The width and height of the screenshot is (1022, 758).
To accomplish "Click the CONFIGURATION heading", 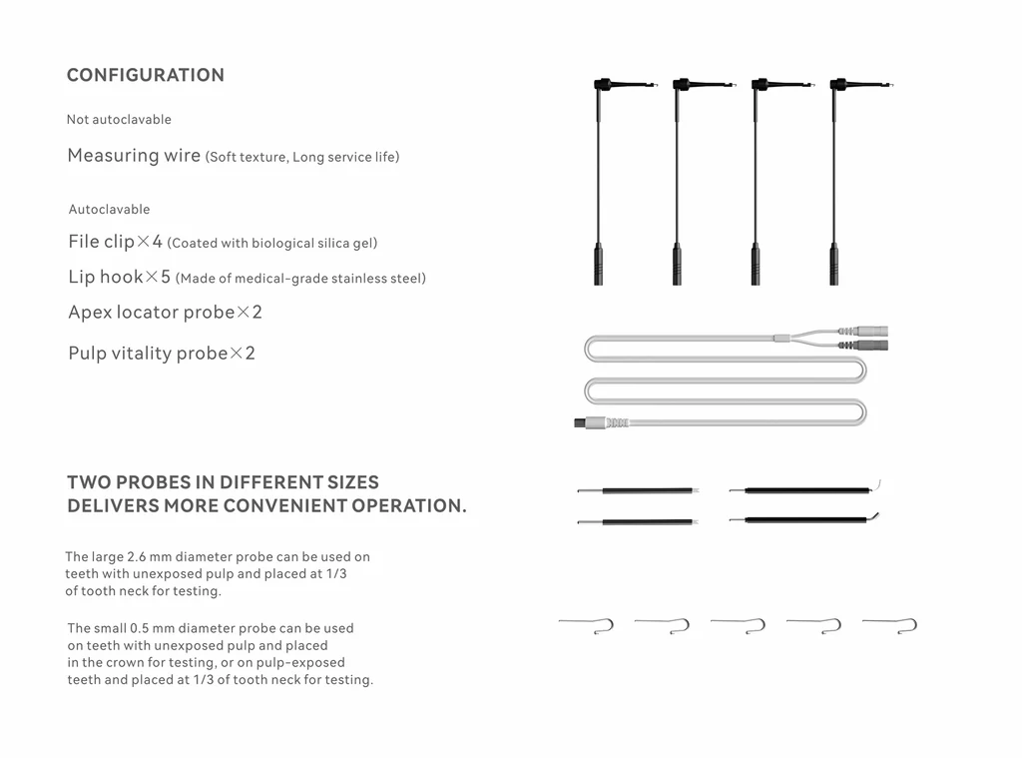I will coord(146,75).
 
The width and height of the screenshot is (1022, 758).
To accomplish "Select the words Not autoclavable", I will coord(119,120).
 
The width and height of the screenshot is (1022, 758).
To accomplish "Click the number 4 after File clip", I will coord(157,242).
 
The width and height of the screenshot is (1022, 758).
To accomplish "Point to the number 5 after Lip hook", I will coord(165,278).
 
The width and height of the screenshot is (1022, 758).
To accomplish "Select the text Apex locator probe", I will coord(151,313).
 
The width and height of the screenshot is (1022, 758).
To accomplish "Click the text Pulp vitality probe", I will coord(148,354).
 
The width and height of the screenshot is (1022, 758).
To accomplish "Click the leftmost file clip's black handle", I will coord(598,265).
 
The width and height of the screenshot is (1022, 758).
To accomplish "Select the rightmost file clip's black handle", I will coord(833,265).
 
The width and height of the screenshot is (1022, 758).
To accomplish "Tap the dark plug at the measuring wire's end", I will coord(581,422).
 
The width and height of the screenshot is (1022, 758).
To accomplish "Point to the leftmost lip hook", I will coord(587,624).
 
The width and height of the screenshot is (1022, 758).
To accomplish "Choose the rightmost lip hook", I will coord(890,624).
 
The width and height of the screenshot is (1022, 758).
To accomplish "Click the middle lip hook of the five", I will coord(739,624).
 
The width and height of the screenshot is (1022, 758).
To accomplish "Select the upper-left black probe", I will coord(638,490).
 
